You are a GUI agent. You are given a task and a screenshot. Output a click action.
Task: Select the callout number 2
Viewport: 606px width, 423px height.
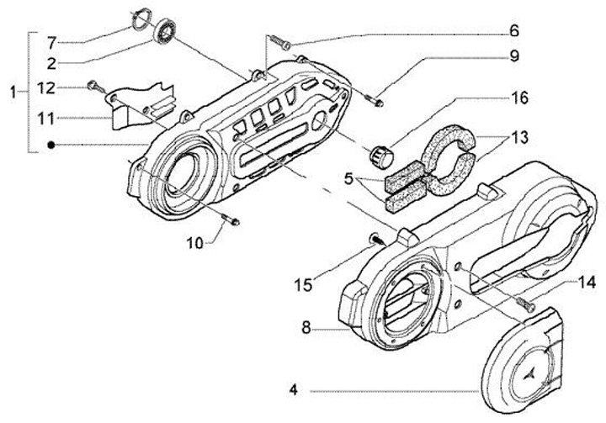tap(50, 63)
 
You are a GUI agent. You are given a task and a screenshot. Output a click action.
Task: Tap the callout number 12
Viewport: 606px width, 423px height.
tap(48, 87)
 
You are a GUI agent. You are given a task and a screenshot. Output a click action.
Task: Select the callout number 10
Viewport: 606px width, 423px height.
tap(194, 243)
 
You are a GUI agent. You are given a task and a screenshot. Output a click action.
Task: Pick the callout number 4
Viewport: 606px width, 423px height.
tap(294, 390)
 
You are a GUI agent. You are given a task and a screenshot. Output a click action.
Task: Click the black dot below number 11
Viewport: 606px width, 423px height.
tap(51, 145)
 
